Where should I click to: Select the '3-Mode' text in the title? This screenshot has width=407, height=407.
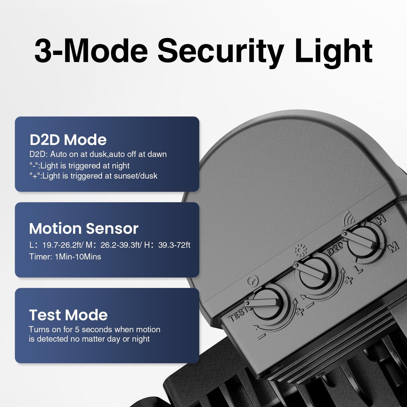91,51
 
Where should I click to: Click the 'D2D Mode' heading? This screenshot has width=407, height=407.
68,140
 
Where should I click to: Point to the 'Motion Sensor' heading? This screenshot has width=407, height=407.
84,228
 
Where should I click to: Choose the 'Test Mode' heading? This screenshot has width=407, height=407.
68,315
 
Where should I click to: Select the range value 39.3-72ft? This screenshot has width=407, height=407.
174,245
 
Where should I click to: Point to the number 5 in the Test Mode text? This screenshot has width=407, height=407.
77,329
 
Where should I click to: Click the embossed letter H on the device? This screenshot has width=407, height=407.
381,220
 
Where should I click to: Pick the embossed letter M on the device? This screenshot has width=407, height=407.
394,247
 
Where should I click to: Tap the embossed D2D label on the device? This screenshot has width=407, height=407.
335,248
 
